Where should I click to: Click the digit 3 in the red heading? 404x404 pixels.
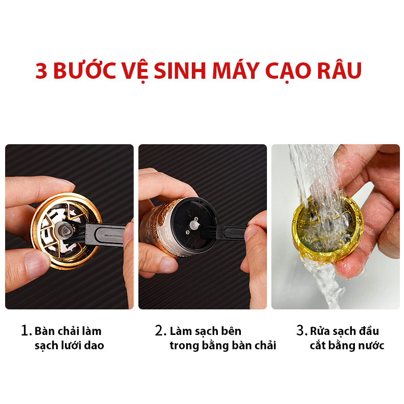(x=41, y=71)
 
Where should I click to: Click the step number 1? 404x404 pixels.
(x=26, y=330)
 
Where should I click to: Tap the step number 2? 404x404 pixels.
(x=161, y=330)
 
